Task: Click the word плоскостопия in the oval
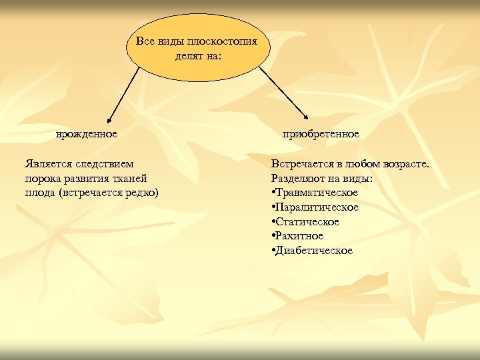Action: pyautogui.click(x=231, y=41)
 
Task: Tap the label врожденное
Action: pyautogui.click(x=87, y=134)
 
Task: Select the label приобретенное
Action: pyautogui.click(x=321, y=134)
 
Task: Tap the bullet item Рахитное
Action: pyautogui.click(x=299, y=236)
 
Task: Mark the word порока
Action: pyautogui.click(x=42, y=178)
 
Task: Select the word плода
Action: pyautogui.click(x=39, y=193)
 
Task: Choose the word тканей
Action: pyautogui.click(x=129, y=178)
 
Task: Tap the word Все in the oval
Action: pyautogui.click(x=145, y=41)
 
